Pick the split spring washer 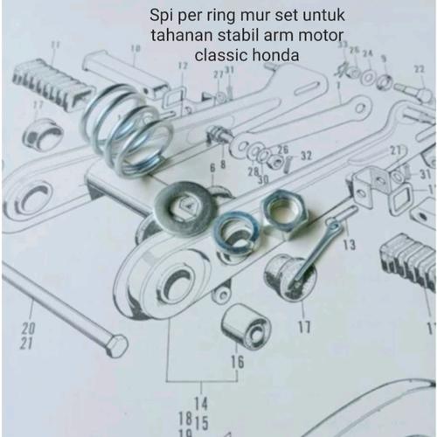(233, 232)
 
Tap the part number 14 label (200, 401)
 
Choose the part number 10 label (135, 48)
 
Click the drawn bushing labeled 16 (246, 326)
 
